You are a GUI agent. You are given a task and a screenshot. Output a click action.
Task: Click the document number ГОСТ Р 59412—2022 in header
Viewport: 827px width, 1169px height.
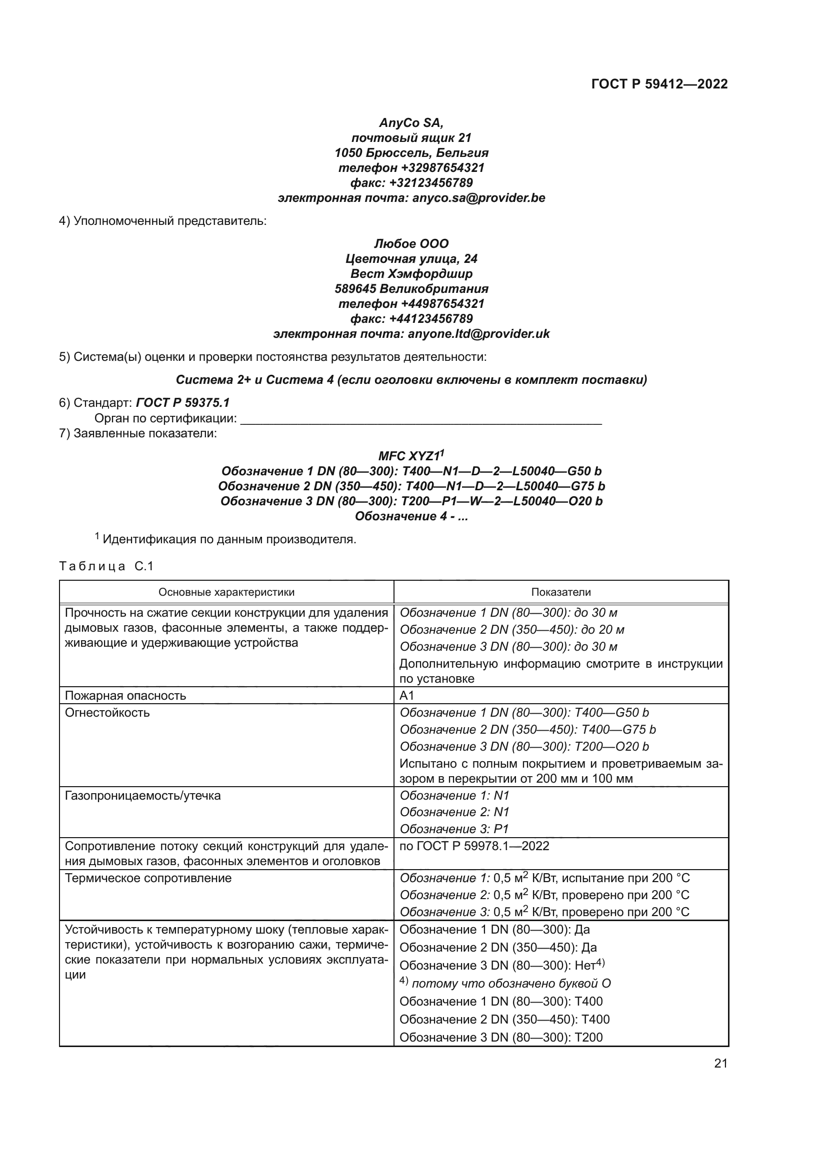(659, 84)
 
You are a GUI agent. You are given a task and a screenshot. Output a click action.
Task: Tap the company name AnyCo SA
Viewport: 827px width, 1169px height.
(411, 123)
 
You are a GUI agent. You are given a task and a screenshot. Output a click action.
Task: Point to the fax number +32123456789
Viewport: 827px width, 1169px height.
(431, 183)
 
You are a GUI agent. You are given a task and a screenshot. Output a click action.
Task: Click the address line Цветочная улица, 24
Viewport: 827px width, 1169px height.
(411, 259)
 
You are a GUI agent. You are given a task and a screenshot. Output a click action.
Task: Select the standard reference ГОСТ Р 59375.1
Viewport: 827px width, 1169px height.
(183, 403)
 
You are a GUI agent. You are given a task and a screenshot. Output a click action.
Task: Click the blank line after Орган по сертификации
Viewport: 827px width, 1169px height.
(420, 418)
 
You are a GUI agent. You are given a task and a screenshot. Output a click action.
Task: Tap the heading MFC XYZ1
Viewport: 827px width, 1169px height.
(411, 456)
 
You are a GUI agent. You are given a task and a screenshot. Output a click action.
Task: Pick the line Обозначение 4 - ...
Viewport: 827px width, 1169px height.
(411, 516)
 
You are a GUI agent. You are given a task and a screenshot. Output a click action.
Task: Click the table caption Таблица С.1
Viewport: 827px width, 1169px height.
(106, 566)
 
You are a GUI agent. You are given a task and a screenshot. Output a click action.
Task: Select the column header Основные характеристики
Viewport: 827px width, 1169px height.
(226, 592)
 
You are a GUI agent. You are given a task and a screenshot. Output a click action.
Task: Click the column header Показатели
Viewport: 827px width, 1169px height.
(560, 592)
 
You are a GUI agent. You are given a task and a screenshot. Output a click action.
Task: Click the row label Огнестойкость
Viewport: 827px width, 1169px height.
(107, 712)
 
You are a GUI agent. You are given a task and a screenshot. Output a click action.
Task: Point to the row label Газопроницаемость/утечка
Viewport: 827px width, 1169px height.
(142, 795)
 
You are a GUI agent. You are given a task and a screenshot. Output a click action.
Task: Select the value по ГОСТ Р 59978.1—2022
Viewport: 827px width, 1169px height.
(474, 846)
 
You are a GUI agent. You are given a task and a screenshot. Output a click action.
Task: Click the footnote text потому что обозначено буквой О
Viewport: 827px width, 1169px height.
(511, 983)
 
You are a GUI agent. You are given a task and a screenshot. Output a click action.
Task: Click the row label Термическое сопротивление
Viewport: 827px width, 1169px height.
(148, 878)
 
